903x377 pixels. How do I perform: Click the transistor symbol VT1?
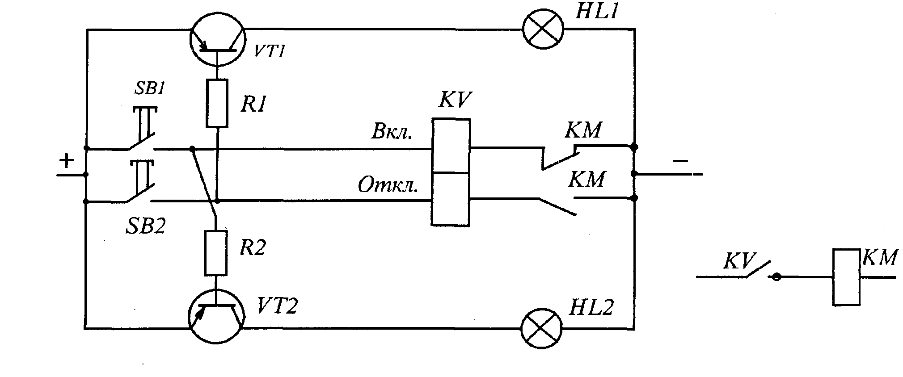tap(217, 40)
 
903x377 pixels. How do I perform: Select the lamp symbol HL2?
tap(542, 328)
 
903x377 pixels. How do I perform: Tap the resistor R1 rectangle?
tap(217, 103)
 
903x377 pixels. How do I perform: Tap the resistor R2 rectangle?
tap(216, 253)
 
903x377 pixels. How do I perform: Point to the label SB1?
tap(149, 89)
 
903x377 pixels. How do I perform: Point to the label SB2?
tap(145, 226)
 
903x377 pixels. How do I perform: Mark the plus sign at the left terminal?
tap(67, 160)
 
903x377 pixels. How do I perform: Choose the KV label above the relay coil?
tap(455, 100)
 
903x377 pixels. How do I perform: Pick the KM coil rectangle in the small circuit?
tap(846, 277)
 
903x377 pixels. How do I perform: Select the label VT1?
tap(269, 51)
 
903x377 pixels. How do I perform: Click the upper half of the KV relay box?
tap(451, 146)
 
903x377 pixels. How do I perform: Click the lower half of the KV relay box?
tap(451, 199)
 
